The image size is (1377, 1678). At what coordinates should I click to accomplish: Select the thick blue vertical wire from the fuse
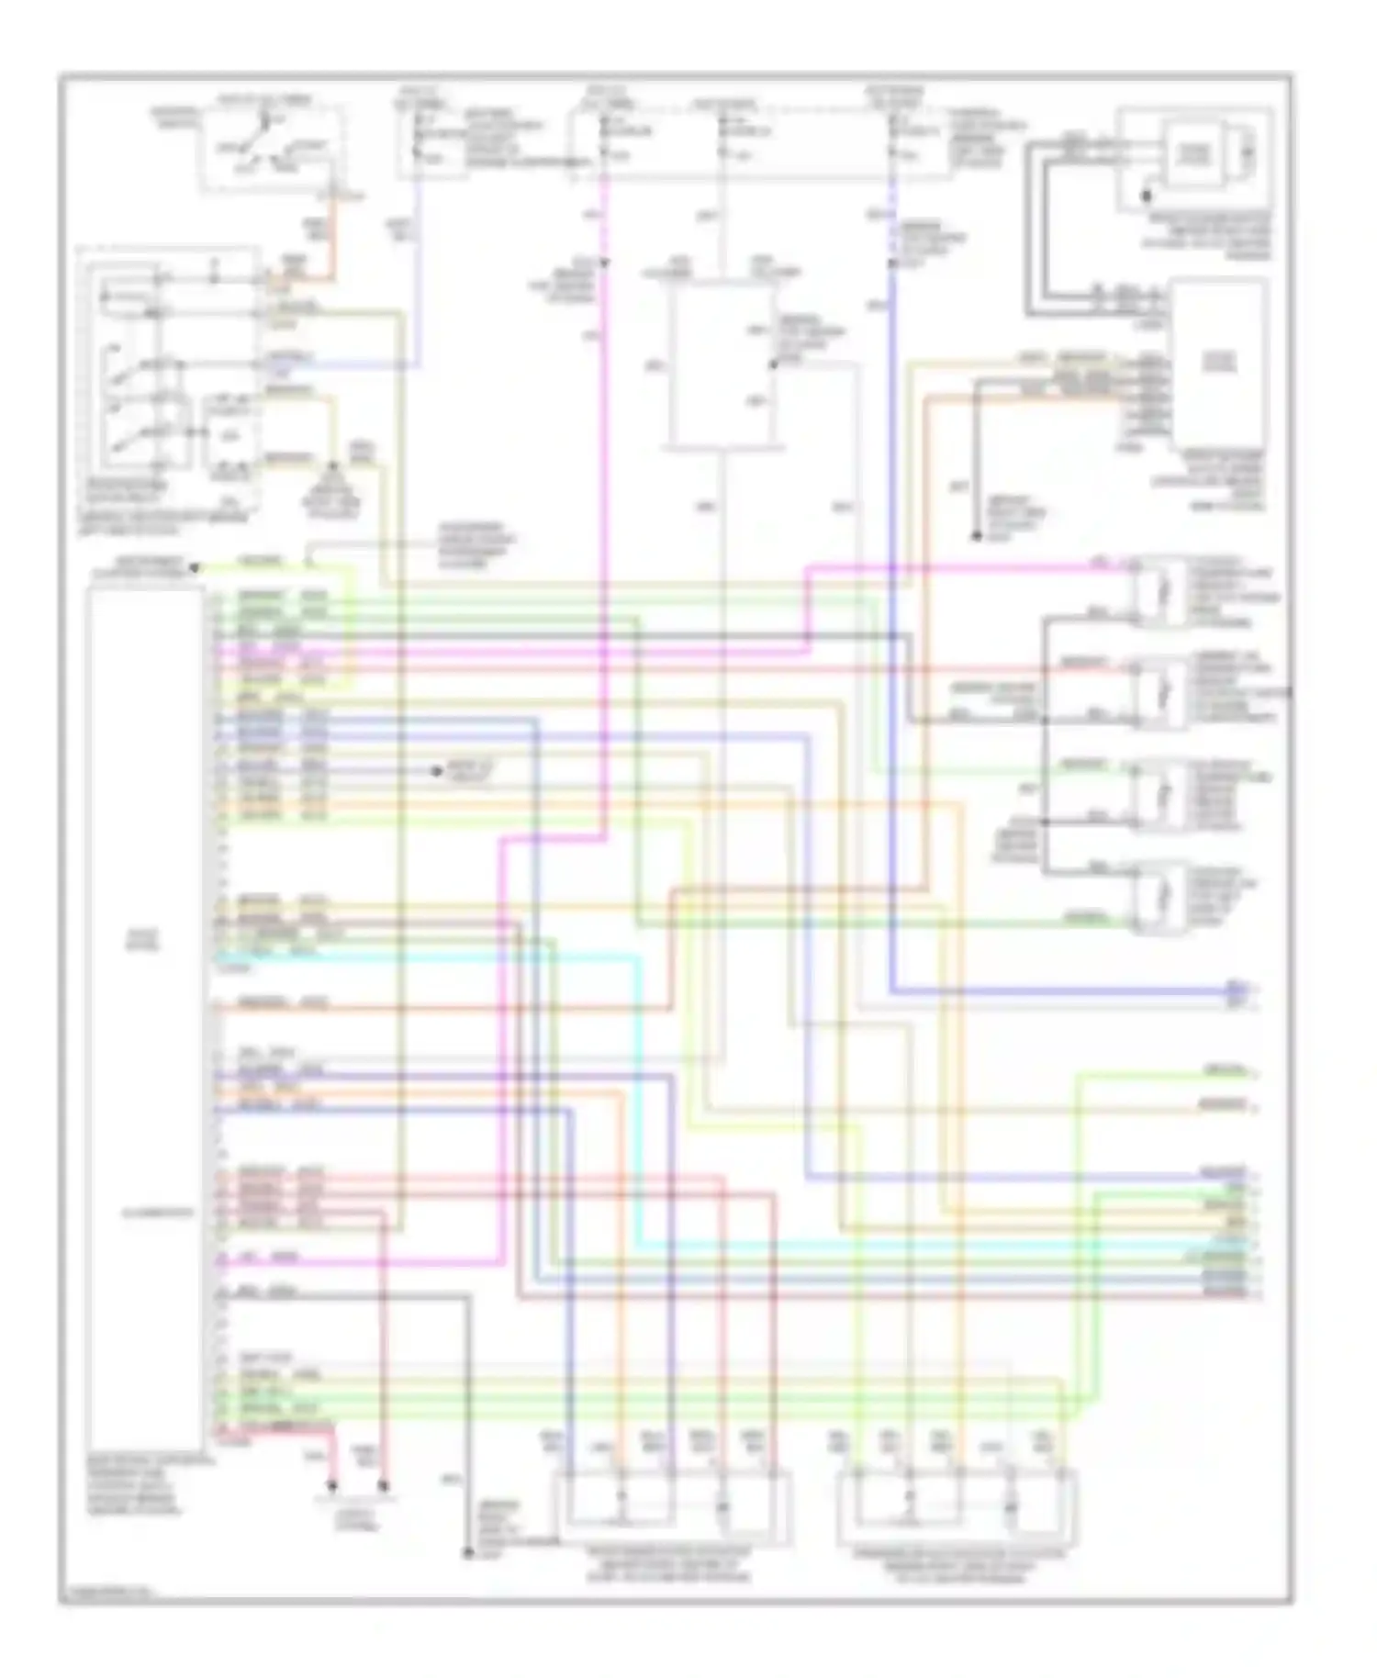[x=891, y=643]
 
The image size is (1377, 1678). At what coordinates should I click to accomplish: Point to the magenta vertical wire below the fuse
[x=605, y=459]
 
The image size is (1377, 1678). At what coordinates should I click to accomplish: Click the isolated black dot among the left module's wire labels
[x=438, y=771]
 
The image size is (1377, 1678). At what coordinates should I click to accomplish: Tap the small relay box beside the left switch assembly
[x=226, y=436]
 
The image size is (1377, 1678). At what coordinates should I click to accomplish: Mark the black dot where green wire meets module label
[x=195, y=569]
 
